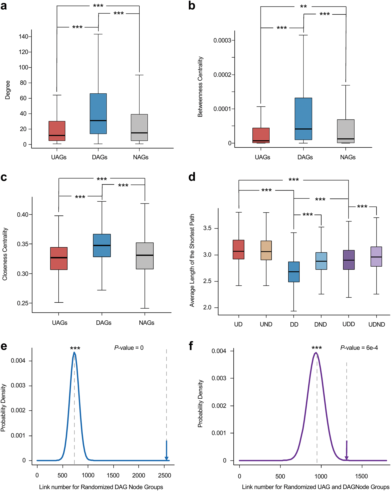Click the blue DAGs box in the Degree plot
98,113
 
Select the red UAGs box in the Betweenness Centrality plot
261,135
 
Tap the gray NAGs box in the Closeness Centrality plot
145,256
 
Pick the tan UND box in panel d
266,250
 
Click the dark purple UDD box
349,260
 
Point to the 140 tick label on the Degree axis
23,37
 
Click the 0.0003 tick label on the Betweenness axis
222,40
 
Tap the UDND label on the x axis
377,325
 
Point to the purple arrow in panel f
346,451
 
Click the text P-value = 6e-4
359,348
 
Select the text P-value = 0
129,348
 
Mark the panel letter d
192,177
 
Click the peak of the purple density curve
316,353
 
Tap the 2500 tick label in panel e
165,475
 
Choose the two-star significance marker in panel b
303,7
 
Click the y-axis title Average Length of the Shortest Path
192,260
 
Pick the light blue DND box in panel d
321,261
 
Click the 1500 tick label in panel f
361,476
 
